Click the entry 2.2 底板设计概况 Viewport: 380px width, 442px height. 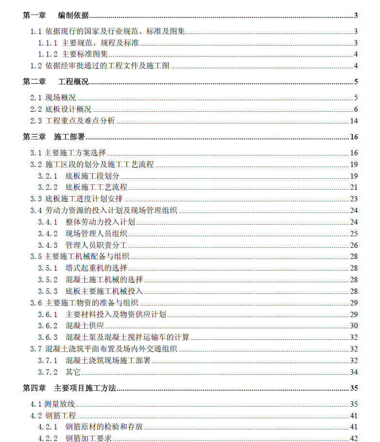61,109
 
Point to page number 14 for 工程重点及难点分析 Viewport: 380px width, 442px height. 354,121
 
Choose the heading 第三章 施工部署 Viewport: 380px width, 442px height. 54,137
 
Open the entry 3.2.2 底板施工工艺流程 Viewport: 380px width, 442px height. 83,187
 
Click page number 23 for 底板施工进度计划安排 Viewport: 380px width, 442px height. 354,198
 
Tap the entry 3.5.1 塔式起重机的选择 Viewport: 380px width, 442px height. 83,268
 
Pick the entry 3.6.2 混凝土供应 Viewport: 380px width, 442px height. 71,326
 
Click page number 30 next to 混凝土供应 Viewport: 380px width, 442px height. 354,326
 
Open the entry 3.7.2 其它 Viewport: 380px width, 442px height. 60,372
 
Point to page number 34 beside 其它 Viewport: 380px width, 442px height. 354,372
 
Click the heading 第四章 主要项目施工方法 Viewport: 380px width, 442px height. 69,388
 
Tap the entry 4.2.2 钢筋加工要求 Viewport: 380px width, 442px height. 75,439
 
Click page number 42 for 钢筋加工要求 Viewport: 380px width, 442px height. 354,439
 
